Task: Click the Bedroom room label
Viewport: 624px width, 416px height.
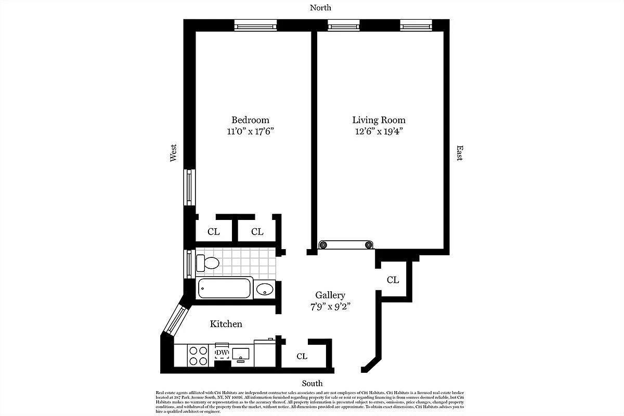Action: click(250, 120)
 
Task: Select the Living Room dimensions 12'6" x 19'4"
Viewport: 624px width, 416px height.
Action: click(379, 132)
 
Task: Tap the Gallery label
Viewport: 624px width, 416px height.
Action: click(330, 295)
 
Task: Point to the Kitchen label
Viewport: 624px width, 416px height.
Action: click(226, 324)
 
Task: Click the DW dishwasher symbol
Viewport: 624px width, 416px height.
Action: click(222, 353)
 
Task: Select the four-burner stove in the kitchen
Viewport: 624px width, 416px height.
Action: click(198, 356)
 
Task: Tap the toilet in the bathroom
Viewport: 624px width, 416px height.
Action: click(207, 263)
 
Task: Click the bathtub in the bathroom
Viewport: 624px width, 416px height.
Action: click(225, 288)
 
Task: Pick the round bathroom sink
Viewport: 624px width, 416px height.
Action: click(265, 289)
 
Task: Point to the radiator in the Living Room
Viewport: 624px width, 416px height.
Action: click(346, 244)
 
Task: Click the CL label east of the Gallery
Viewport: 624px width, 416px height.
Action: click(393, 280)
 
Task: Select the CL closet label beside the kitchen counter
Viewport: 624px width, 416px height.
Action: click(302, 356)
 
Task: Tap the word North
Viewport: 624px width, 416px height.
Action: click(320, 8)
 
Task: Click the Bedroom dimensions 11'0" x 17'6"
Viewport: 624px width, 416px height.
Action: click(250, 132)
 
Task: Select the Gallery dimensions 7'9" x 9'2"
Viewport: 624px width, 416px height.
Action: click(330, 306)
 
